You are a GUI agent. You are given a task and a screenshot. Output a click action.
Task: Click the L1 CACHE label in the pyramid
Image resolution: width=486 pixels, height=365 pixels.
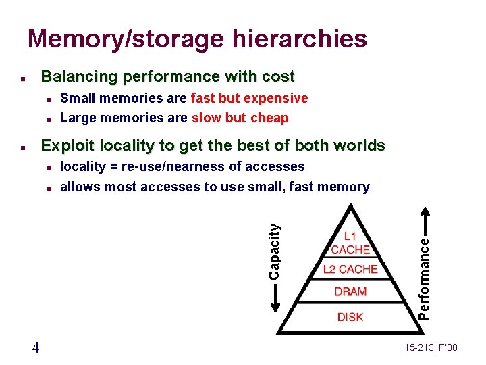[x=350, y=243]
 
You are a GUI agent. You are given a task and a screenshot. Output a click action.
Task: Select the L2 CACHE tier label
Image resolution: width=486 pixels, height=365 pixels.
[x=350, y=269]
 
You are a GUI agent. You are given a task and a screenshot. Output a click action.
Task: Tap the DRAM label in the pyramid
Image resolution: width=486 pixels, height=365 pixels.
[x=350, y=292]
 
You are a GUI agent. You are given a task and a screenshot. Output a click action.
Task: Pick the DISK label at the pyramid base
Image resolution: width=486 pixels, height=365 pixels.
[x=350, y=316]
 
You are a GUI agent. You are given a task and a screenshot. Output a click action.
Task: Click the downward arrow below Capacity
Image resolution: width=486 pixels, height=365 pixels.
[x=274, y=298]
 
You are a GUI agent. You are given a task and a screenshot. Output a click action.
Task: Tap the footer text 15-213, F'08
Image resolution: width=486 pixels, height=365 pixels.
[x=431, y=347]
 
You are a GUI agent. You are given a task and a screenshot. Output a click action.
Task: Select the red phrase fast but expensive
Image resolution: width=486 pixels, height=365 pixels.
[x=250, y=98]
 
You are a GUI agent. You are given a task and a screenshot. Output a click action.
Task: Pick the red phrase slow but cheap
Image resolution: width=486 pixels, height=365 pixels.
[x=240, y=118]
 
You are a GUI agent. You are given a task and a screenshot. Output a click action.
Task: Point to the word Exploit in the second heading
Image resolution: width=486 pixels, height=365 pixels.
[x=67, y=145]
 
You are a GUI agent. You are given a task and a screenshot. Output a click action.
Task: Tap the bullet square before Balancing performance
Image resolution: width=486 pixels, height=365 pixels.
[x=23, y=78]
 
